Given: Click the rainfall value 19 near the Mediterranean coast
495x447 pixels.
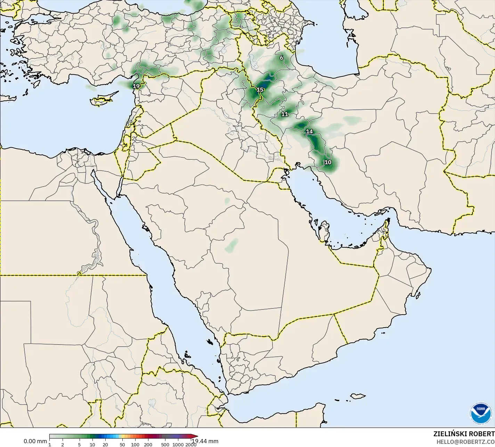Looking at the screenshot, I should (x=136, y=86).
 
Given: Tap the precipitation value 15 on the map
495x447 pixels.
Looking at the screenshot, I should (x=260, y=90).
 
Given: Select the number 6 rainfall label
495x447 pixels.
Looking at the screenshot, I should (x=282, y=58).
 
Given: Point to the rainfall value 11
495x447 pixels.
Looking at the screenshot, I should (x=285, y=114).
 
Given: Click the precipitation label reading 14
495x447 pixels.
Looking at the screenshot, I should (x=309, y=132).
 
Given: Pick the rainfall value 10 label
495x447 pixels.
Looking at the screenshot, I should (x=328, y=162).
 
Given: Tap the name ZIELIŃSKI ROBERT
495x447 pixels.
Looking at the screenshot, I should (x=464, y=434).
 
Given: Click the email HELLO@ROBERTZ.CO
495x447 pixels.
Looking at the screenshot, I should (x=465, y=442).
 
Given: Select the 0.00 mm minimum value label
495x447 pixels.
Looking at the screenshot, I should (x=35, y=441).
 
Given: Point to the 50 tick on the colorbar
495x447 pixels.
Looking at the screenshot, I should (x=122, y=445).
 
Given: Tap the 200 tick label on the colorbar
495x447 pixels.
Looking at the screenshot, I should (x=148, y=445).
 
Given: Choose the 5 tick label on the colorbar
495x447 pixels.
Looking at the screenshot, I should (x=79, y=445).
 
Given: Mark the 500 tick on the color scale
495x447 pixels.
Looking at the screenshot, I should (x=165, y=445).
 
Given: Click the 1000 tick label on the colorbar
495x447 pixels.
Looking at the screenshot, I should (x=178, y=445).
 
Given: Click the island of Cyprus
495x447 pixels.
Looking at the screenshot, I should (x=101, y=100).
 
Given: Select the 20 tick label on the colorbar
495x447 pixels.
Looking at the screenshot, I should (x=105, y=445).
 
